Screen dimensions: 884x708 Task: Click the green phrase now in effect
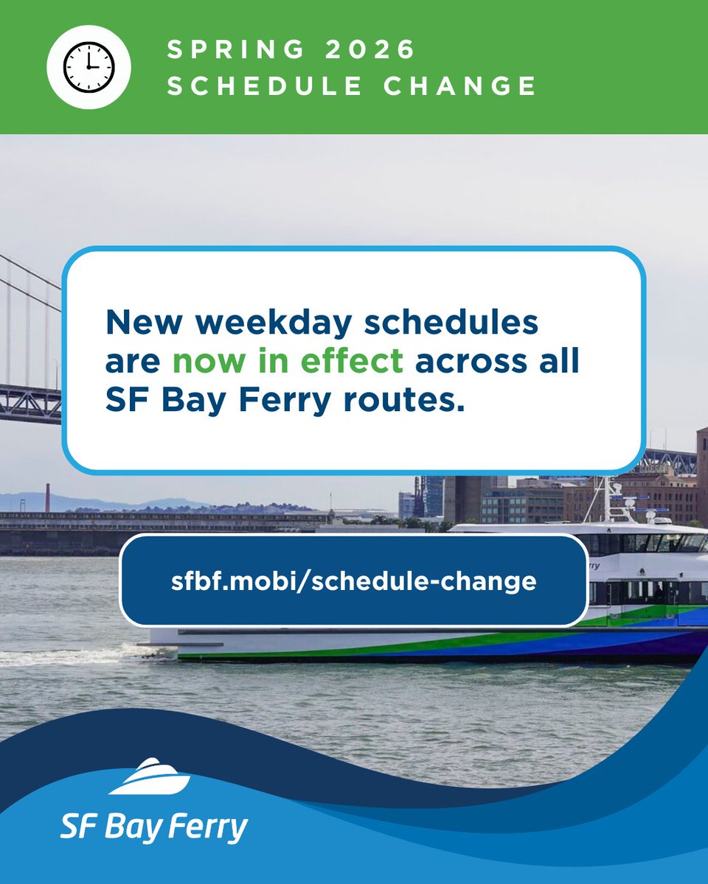point(288,362)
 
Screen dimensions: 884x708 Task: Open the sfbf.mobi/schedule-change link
point(353,581)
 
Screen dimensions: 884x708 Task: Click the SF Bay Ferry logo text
point(153,826)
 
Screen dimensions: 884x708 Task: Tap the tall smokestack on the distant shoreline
point(46,497)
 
